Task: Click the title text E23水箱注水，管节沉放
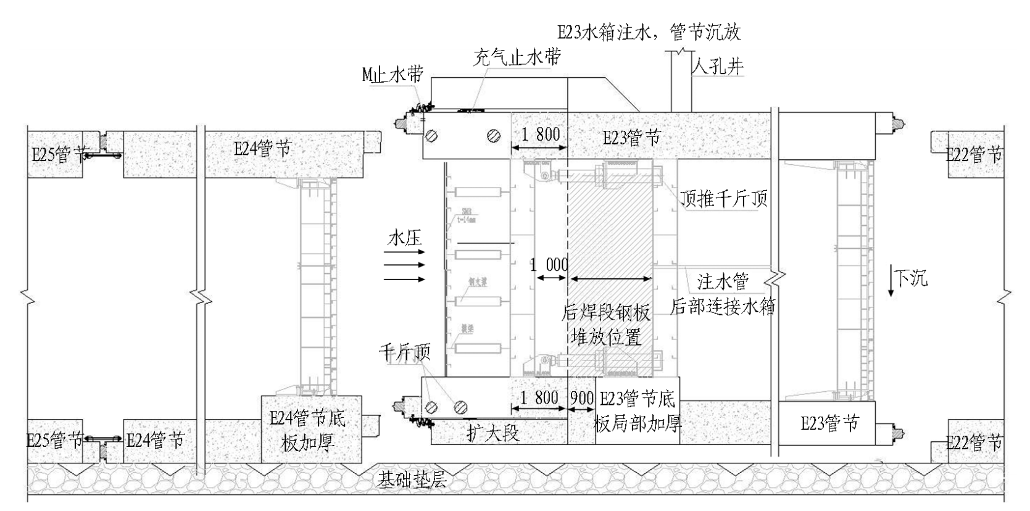pos(649,32)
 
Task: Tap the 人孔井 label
pos(718,65)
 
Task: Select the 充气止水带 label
pos(517,57)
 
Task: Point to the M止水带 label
pos(393,75)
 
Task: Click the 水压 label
pos(405,238)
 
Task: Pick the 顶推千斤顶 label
pos(724,198)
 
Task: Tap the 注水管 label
pos(723,281)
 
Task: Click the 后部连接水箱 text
pos(723,306)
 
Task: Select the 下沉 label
pos(911,278)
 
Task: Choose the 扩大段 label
pos(492,433)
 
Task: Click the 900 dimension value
pos(581,398)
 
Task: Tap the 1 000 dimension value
pos(549,265)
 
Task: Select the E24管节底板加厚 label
pos(308,430)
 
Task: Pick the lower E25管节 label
pos(54,440)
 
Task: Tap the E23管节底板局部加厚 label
pos(638,411)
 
